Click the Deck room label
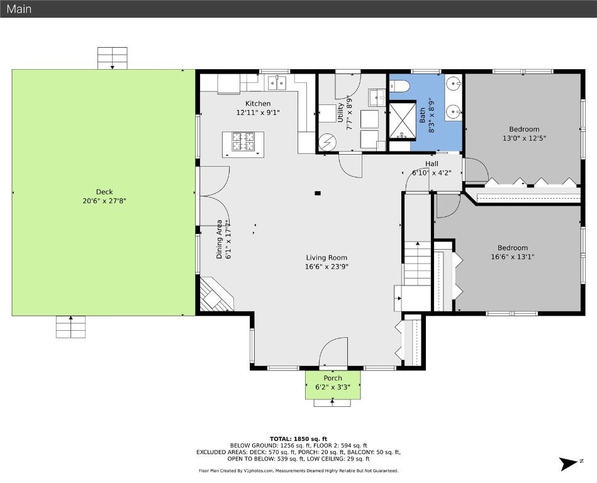pyautogui.click(x=104, y=192)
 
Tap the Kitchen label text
pyautogui.click(x=258, y=104)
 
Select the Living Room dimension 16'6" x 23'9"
pyautogui.click(x=326, y=267)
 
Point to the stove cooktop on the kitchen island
pyautogui.click(x=243, y=142)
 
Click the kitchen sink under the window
pyautogui.click(x=277, y=82)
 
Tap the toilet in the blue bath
pyautogui.click(x=399, y=86)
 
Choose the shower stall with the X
pyautogui.click(x=402, y=120)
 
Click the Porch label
pyautogui.click(x=333, y=378)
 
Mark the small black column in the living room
pyautogui.click(x=318, y=193)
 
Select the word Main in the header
pyautogui.click(x=19, y=9)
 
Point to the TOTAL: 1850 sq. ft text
pyautogui.click(x=298, y=439)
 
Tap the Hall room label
pyautogui.click(x=432, y=164)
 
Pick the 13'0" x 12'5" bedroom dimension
pyautogui.click(x=524, y=138)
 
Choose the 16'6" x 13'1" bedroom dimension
pyautogui.click(x=513, y=257)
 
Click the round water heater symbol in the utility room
pyautogui.click(x=327, y=142)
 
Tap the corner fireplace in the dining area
pyautogui.click(x=215, y=294)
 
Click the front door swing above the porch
pyautogui.click(x=333, y=352)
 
